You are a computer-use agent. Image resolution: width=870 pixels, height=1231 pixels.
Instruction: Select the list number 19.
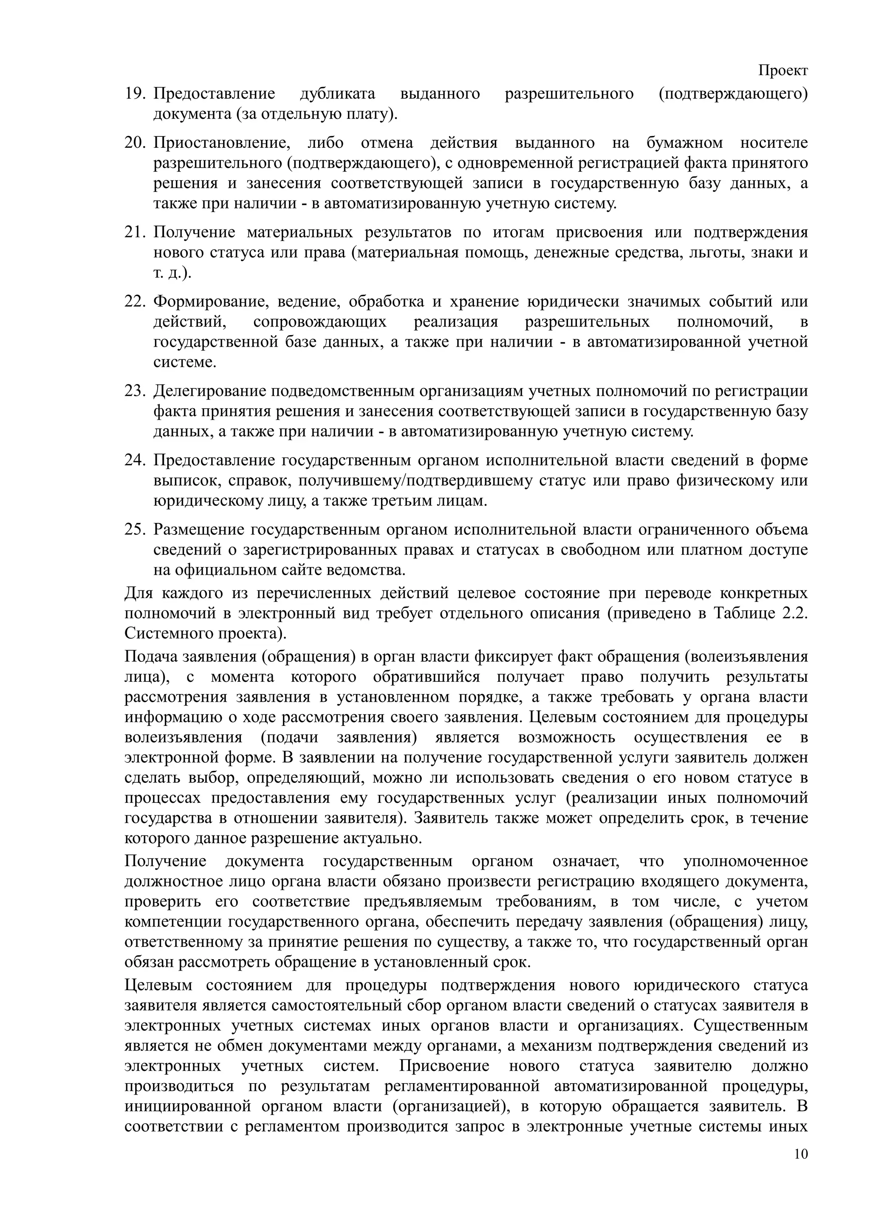click(x=135, y=94)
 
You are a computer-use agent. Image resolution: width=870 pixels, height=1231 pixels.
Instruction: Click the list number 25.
click(x=135, y=529)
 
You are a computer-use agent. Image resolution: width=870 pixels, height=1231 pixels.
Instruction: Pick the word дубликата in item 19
click(x=337, y=94)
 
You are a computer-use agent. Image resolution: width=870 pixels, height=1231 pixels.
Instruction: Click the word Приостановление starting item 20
click(x=222, y=143)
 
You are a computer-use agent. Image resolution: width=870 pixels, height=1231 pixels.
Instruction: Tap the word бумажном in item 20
click(x=684, y=143)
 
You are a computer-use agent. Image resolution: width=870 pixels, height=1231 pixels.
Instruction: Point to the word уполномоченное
click(x=746, y=861)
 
